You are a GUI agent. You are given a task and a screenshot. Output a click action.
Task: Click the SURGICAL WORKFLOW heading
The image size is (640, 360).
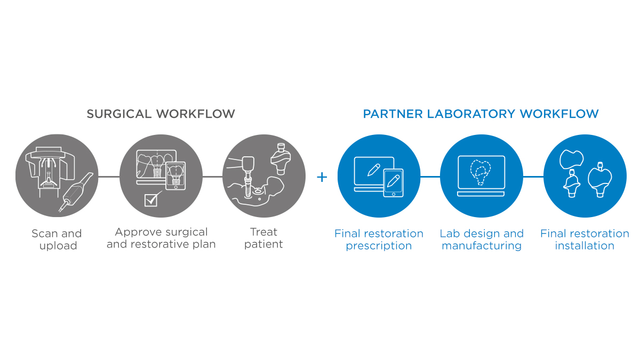pos(161,114)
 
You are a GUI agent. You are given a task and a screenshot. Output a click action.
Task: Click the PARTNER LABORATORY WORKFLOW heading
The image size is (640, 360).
pos(481,114)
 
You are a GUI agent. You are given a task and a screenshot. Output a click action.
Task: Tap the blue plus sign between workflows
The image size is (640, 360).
pos(322,177)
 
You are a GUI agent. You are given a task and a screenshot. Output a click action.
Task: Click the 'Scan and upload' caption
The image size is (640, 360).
pos(57,239)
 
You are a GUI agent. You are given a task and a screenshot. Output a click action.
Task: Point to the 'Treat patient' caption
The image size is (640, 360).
pos(264,238)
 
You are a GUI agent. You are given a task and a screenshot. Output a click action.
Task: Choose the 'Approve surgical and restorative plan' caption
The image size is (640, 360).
pos(161,238)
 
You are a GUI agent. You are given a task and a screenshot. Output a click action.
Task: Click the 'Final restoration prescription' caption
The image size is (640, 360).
pos(379,239)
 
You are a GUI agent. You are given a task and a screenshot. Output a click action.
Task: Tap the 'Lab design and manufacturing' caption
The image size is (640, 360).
pos(482,239)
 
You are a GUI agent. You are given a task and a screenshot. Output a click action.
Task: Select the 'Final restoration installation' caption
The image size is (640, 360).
pos(585,239)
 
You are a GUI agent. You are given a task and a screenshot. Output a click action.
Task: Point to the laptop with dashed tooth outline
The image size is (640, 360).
pos(481,172)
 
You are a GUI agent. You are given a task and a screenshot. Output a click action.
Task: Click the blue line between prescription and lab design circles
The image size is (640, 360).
pos(430,177)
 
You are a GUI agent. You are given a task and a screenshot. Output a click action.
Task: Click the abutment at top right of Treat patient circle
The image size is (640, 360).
pos(282,157)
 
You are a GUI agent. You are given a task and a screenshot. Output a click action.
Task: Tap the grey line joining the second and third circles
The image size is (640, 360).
pos(212,177)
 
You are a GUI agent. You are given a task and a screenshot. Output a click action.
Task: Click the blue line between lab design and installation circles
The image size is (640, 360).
pos(533,177)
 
